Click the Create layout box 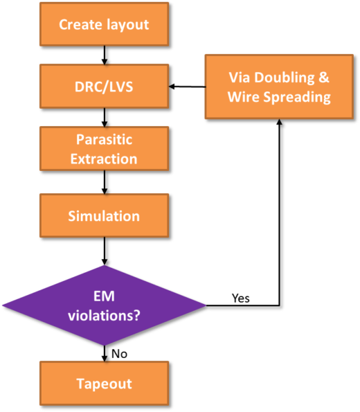[104, 24]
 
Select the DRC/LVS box [104, 86]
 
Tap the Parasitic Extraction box [104, 149]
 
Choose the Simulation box [104, 216]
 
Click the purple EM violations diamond [104, 305]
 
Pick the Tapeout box [104, 384]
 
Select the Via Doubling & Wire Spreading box [279, 87]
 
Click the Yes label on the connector [241, 298]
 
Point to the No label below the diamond [119, 354]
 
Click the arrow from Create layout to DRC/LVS [105, 55]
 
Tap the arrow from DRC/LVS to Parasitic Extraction [105, 118]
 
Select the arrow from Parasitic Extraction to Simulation [105, 182]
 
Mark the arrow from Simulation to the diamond [105, 251]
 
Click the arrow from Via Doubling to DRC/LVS [187, 87]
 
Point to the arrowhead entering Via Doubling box [279, 122]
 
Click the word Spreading [297, 97]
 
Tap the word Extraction [104, 159]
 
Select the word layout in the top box [127, 25]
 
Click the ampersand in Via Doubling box [324, 78]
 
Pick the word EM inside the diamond [104, 296]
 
